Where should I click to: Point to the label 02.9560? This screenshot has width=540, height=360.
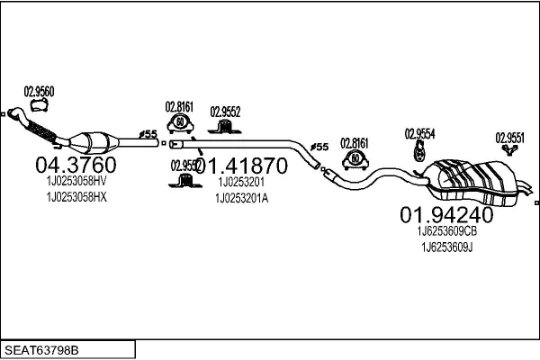click(x=39, y=90)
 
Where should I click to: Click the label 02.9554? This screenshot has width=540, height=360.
click(x=419, y=132)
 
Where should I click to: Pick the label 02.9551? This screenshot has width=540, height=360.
click(x=509, y=138)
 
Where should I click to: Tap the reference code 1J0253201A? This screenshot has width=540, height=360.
click(x=240, y=198)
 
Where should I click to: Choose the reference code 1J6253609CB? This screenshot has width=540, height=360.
click(x=446, y=230)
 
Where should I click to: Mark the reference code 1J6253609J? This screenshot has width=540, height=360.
click(x=446, y=247)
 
